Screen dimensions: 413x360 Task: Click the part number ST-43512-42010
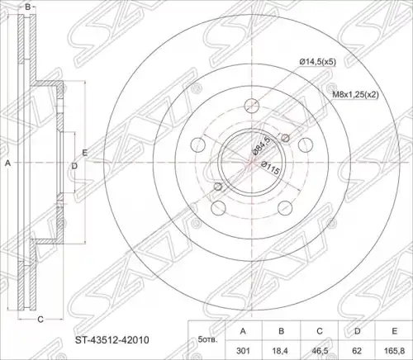(x=112, y=340)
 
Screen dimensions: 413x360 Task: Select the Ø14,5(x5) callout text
(x=318, y=62)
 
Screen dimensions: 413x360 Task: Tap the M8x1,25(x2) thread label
(x=355, y=95)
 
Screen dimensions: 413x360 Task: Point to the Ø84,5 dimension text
(x=261, y=147)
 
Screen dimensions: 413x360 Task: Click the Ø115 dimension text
(x=270, y=168)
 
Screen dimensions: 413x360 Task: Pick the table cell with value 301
(x=243, y=351)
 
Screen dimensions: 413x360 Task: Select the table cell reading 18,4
(x=281, y=351)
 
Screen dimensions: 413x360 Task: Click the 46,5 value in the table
(x=319, y=351)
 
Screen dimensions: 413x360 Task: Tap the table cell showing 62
(x=357, y=351)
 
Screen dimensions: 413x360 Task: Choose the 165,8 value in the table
(x=394, y=351)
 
